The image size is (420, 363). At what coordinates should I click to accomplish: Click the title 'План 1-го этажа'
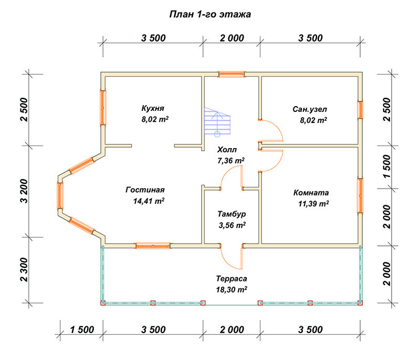(x=210, y=14)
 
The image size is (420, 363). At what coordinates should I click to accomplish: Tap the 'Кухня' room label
(x=153, y=108)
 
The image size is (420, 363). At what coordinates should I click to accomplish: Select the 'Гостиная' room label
(x=145, y=190)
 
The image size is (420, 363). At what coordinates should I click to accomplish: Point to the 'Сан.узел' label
(x=310, y=109)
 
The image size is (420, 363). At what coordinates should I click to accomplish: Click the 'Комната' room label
(x=311, y=192)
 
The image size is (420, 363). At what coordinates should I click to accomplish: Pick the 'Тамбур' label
(x=232, y=214)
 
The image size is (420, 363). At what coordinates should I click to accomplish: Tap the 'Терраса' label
(x=232, y=279)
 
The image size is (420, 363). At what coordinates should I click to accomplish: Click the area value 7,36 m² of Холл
(x=231, y=161)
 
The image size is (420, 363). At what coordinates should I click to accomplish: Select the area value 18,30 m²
(x=232, y=289)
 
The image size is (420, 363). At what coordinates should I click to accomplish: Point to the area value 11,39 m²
(x=313, y=204)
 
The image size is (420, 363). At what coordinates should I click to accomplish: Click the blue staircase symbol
(x=217, y=122)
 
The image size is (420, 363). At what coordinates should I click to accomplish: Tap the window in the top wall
(x=232, y=74)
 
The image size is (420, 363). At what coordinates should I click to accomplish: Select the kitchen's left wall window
(x=103, y=108)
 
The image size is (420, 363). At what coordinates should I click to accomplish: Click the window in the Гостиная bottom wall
(x=153, y=245)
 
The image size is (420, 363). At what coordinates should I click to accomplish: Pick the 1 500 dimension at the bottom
(x=82, y=329)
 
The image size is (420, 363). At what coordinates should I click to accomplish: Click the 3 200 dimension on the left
(x=24, y=191)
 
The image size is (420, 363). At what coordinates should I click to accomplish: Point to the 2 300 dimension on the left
(x=24, y=269)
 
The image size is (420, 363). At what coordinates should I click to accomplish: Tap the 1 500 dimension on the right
(x=387, y=166)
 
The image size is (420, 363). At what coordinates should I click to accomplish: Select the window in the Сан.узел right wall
(x=360, y=110)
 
